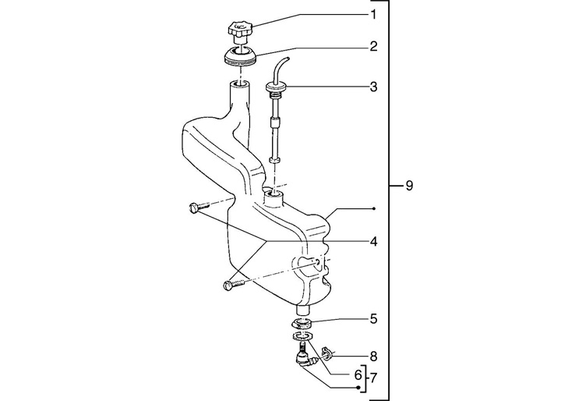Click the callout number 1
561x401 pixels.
point(373,15)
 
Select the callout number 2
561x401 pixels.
point(373,46)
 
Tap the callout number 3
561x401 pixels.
point(373,87)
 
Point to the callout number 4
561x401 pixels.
point(373,242)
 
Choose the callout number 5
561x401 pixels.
point(373,318)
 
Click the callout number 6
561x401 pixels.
point(358,375)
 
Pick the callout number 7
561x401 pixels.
point(373,378)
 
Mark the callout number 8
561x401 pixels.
point(373,357)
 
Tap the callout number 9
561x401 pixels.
point(409,186)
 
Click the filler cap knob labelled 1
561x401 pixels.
point(239,30)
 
